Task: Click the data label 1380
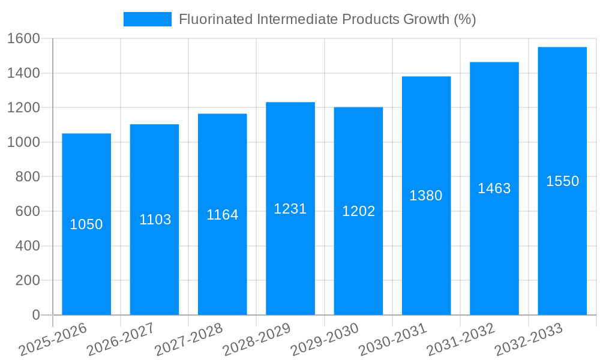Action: point(426,196)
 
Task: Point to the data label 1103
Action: point(155,220)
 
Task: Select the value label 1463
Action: point(494,188)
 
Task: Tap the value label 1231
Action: point(290,209)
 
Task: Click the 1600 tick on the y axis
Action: point(23,39)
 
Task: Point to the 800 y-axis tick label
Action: point(28,177)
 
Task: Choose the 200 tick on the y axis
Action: point(28,280)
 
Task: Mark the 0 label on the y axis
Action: point(36,315)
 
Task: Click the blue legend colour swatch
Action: point(147,19)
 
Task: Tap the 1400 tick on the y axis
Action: point(23,73)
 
